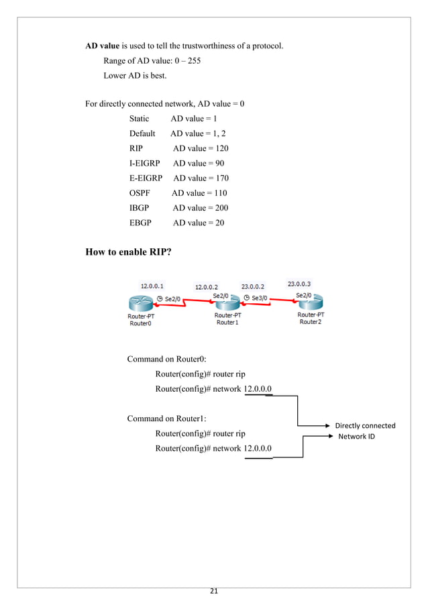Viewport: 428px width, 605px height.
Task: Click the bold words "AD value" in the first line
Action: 103,46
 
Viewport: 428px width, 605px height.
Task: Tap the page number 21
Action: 214,591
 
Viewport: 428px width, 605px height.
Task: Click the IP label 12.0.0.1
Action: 152,286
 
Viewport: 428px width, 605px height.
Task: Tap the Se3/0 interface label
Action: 260,297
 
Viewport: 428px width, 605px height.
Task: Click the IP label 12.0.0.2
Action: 207,287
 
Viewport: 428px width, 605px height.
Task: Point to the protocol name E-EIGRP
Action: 146,178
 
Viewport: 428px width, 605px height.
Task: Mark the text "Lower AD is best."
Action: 135,76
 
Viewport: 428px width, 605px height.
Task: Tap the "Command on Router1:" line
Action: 167,419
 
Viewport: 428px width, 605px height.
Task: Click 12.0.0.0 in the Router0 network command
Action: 258,388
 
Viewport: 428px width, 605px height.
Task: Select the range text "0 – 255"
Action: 186,61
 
